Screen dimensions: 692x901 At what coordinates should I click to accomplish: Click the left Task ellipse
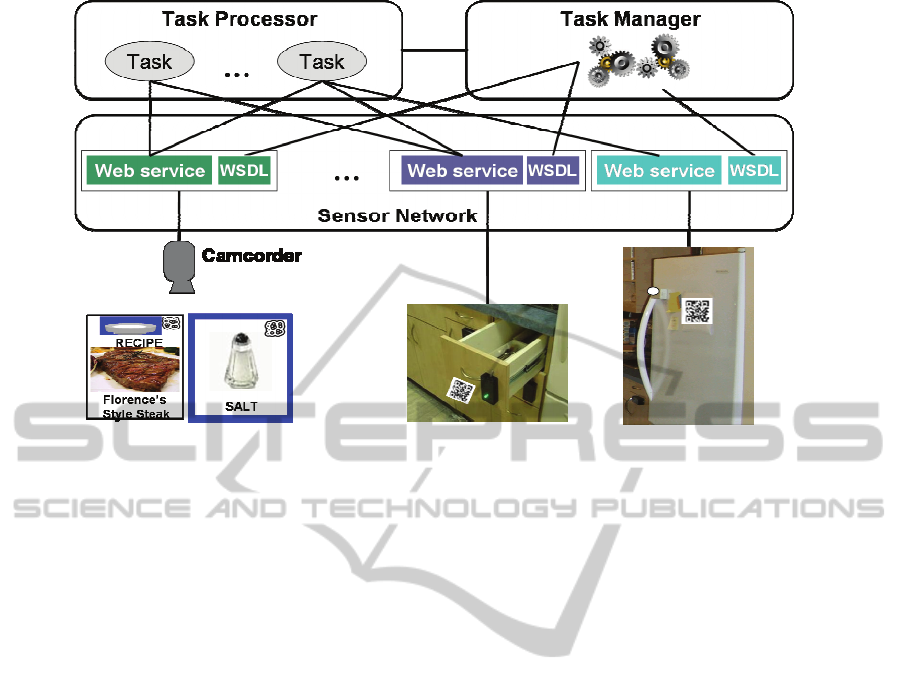click(150, 62)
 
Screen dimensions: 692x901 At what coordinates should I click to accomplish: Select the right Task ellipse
click(322, 62)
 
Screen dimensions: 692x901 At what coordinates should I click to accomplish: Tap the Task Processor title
click(239, 19)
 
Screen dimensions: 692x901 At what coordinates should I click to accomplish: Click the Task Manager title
click(630, 19)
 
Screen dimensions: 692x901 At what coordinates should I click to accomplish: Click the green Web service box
click(150, 170)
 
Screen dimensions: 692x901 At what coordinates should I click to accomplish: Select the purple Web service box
click(462, 170)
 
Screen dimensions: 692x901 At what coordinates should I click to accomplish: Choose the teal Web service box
click(659, 170)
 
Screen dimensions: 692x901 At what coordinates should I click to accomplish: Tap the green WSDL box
click(243, 170)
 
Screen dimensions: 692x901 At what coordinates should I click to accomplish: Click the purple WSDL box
click(552, 170)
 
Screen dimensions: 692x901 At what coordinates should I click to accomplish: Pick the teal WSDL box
click(753, 170)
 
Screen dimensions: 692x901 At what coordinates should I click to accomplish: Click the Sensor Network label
click(397, 215)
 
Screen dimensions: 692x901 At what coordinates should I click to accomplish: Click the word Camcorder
click(251, 256)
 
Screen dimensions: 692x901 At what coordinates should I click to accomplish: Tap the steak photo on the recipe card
click(135, 370)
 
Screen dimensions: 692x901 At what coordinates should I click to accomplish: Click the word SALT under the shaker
click(241, 407)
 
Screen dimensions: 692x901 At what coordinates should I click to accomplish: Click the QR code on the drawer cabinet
click(461, 388)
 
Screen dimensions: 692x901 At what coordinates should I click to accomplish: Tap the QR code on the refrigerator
click(697, 309)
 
